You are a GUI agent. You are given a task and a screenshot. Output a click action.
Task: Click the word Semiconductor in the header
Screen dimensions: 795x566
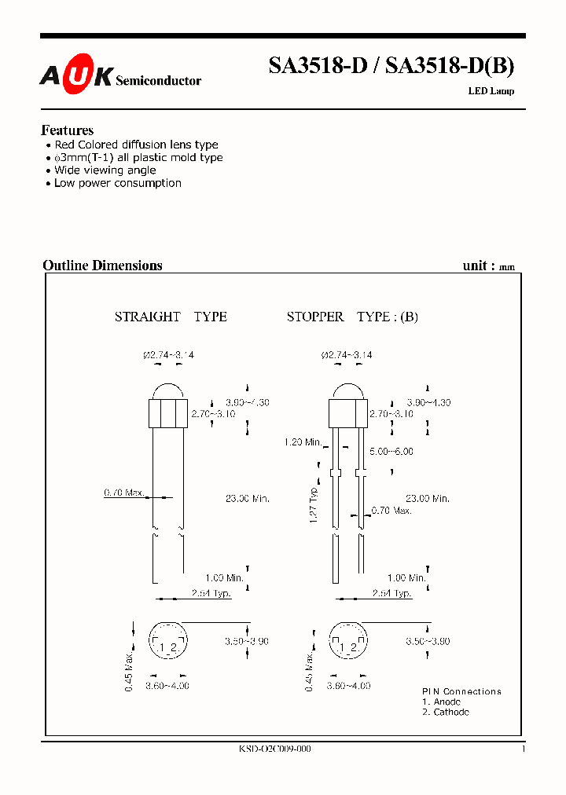[158, 81]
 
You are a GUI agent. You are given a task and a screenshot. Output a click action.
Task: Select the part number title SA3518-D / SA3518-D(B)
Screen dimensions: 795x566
[391, 67]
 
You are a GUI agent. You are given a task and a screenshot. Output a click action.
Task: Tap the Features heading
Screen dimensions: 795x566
[67, 130]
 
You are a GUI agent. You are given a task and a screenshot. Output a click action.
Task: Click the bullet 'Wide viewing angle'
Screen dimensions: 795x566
[105, 170]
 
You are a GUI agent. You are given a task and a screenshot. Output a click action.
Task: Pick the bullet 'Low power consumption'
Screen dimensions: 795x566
[117, 183]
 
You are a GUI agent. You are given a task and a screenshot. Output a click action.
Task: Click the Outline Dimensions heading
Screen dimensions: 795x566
[102, 266]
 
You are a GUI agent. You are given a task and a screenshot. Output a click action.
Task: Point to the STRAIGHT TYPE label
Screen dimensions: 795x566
[171, 317]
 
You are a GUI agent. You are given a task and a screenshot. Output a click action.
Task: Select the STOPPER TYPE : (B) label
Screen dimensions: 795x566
[351, 317]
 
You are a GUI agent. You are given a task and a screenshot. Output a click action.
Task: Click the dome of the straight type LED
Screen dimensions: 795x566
[168, 392]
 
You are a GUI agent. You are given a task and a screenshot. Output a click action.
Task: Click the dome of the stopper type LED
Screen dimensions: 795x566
[347, 392]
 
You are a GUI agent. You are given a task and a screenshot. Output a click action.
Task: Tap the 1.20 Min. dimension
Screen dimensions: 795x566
[303, 442]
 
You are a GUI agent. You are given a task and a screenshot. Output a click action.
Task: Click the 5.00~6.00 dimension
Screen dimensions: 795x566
[391, 452]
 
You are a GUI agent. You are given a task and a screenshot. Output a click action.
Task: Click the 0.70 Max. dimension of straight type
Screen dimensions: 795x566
[124, 493]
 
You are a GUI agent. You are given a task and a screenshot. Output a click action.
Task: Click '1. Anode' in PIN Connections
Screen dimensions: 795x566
[441, 702]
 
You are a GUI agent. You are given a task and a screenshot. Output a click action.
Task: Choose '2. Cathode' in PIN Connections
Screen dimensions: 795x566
[446, 712]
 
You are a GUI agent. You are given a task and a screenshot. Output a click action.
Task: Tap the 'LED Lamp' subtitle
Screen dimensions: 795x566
[491, 91]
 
